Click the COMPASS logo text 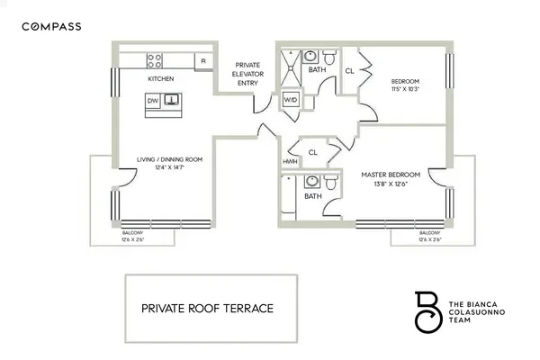pos(51,27)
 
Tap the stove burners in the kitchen pos(155,61)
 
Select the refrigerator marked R pos(203,61)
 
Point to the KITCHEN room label pos(161,79)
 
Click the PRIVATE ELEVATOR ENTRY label pos(247,74)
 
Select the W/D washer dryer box pos(291,98)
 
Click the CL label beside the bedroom pos(348,69)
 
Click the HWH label pos(290,161)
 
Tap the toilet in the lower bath pos(332,183)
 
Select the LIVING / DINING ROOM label pos(168,159)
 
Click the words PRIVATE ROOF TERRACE pos(207,308)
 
